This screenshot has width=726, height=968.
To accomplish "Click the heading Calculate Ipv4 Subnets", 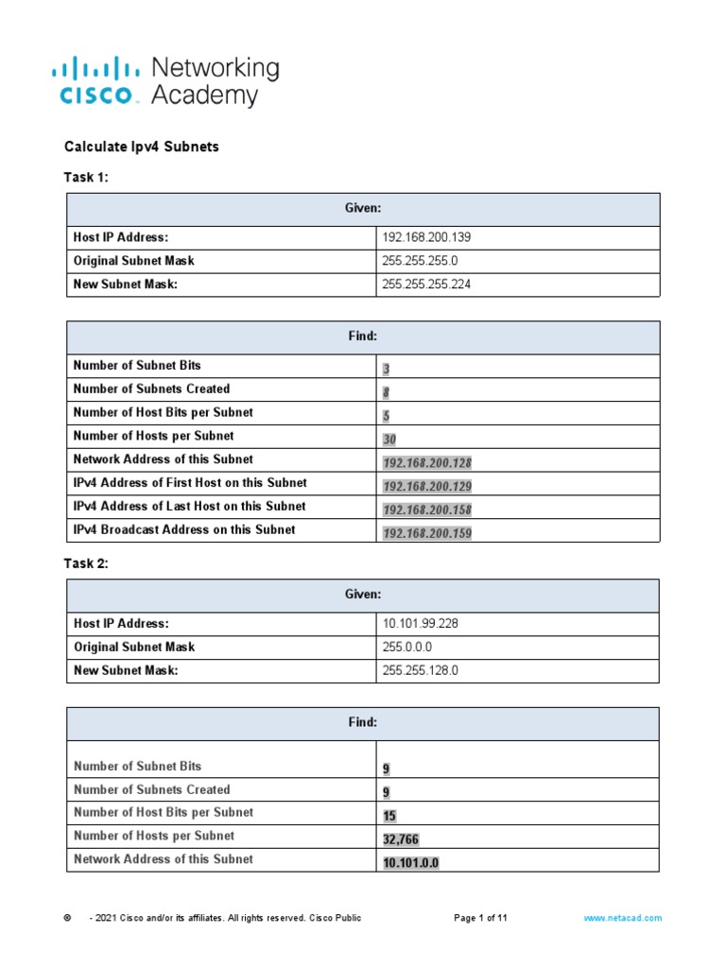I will click(141, 147).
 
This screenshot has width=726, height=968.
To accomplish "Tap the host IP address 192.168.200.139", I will click(425, 237).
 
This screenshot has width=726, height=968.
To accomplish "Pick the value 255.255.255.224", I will click(425, 285).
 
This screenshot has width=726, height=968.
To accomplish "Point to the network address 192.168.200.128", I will click(426, 463).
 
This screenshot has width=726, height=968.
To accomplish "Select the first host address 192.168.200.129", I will click(426, 487).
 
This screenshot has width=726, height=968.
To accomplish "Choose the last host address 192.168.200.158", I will click(426, 510).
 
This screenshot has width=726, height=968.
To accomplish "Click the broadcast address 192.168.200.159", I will click(426, 534).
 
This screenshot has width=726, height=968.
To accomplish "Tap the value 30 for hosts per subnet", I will click(389, 440).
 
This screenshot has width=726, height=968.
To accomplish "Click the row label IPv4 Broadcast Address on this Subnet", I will click(184, 530).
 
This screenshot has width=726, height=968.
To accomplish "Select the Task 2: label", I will click(86, 563).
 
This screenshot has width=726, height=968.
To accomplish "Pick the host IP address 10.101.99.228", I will click(420, 624).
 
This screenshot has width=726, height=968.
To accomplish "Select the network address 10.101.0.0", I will click(411, 863).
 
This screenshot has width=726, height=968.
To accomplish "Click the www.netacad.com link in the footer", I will click(622, 918).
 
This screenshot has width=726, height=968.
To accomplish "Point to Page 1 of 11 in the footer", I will click(481, 918).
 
